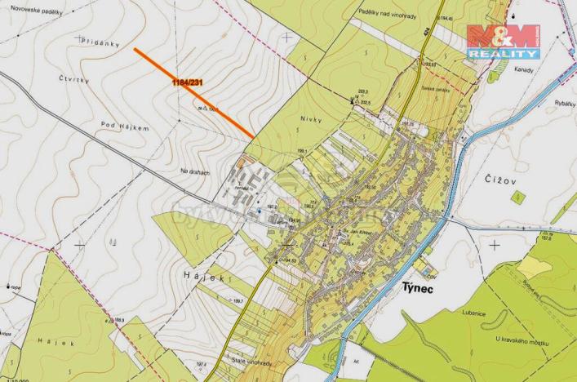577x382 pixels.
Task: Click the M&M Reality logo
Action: [503, 41]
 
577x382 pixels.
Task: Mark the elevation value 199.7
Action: [238, 302]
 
